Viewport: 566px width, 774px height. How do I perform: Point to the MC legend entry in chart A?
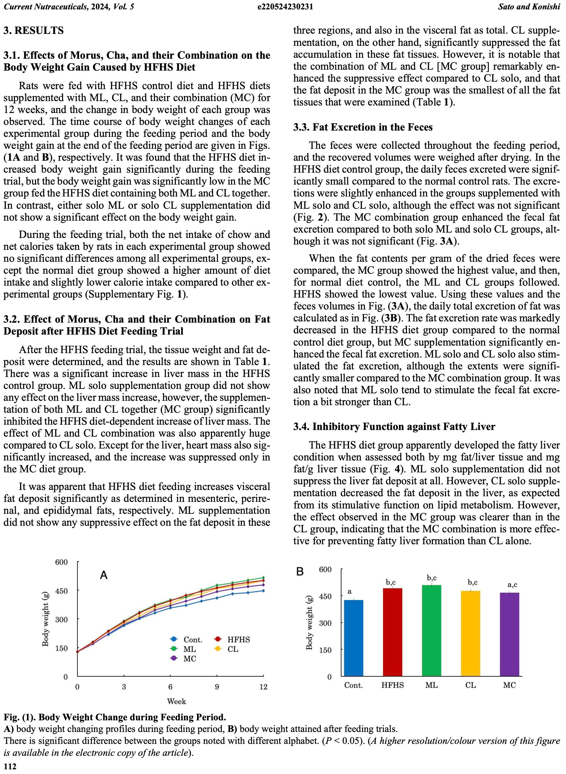(185, 658)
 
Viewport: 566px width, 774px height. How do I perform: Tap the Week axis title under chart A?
(176, 701)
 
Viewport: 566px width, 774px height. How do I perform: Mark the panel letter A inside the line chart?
(104, 575)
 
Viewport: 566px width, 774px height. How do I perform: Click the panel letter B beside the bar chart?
(300, 572)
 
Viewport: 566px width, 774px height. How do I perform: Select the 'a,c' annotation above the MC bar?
(512, 585)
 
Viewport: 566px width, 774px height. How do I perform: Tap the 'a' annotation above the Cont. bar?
(350, 591)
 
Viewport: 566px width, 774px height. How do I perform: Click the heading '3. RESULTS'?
(34, 30)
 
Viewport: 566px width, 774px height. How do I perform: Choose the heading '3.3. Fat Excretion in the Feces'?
(363, 127)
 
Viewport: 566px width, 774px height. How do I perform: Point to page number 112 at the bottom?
(10, 766)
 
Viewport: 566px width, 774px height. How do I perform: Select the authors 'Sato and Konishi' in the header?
(529, 7)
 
